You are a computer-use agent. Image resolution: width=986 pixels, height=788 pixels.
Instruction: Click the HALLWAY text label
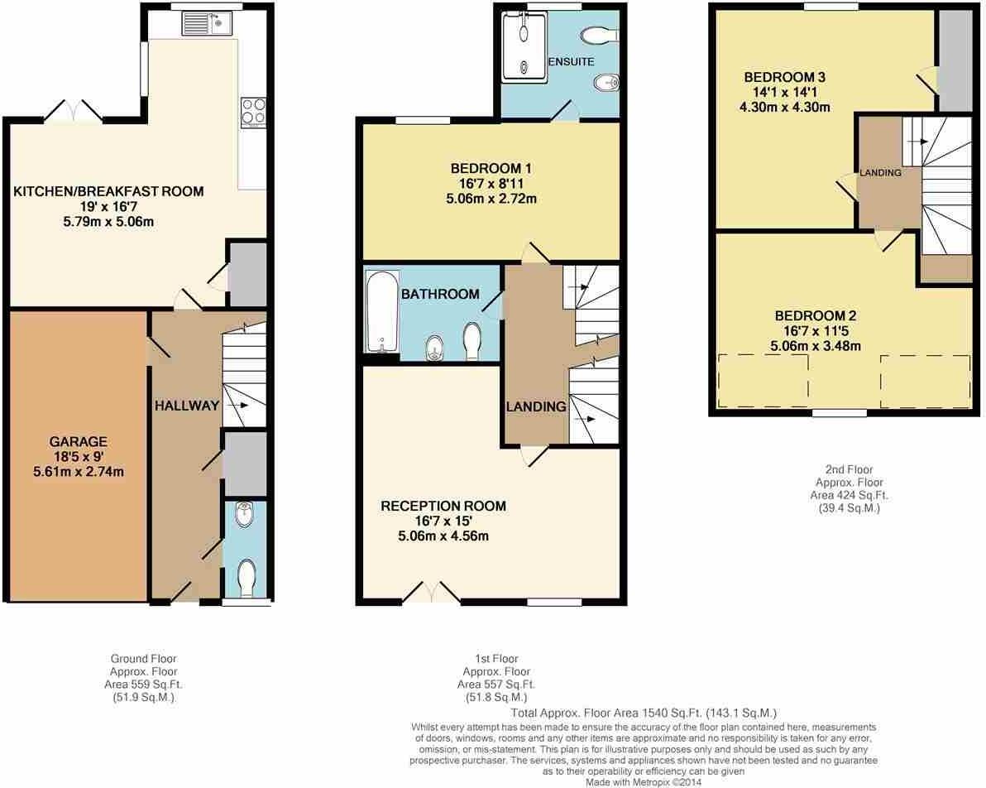(187, 406)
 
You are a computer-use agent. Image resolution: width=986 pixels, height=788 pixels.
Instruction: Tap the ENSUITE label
(571, 62)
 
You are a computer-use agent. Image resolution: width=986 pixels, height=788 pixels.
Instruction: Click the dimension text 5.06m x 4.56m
(443, 536)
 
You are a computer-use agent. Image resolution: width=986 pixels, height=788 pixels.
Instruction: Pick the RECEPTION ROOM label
(443, 506)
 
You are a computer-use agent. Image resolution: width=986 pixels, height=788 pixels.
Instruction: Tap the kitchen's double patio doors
(74, 111)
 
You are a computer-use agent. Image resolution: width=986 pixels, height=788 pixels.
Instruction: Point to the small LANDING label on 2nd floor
(880, 173)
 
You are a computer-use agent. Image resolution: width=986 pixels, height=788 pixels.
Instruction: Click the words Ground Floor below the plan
(144, 659)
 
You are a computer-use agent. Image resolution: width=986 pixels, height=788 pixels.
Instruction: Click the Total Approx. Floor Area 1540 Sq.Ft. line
(644, 713)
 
